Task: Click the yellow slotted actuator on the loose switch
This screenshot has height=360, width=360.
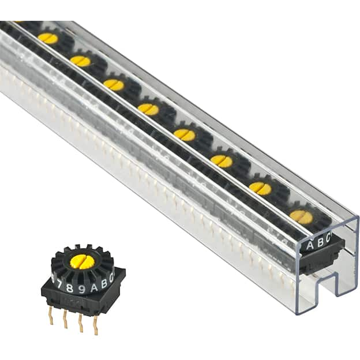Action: tap(82, 261)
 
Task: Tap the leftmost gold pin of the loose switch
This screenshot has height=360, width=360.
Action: tap(51, 316)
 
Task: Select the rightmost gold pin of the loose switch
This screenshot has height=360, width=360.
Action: tap(95, 326)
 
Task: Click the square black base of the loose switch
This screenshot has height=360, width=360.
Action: tap(81, 300)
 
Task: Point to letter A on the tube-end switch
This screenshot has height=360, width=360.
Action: tap(310, 245)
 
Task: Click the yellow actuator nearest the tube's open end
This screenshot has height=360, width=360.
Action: tap(301, 216)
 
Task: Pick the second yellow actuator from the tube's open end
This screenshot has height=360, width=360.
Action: tap(260, 188)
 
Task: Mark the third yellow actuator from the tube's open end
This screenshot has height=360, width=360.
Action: tap(222, 161)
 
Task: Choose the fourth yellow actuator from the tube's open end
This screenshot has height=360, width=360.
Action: tap(185, 134)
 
